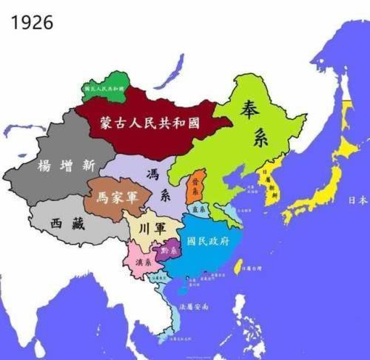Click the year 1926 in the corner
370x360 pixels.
click(32, 22)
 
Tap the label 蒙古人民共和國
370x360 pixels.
click(151, 123)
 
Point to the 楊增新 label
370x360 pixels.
click(66, 165)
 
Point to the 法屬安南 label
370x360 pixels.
click(194, 306)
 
